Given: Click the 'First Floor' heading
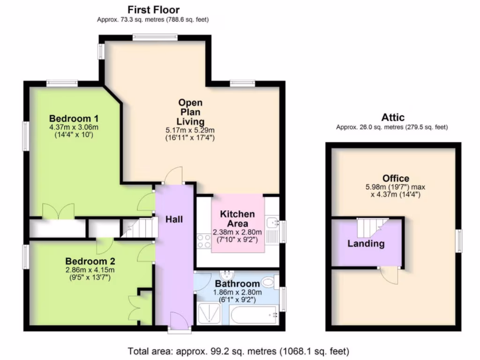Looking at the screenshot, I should pyautogui.click(x=154, y=9).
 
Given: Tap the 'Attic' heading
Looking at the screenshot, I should pyautogui.click(x=392, y=117).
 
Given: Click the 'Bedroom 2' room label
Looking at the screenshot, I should pyautogui.click(x=90, y=261).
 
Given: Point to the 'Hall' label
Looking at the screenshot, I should pyautogui.click(x=174, y=219).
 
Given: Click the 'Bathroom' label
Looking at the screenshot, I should pyautogui.click(x=237, y=284).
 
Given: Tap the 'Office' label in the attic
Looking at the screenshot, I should pyautogui.click(x=396, y=178).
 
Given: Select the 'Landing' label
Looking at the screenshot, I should pyautogui.click(x=366, y=244).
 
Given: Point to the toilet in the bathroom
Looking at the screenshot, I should pyautogui.click(x=268, y=282).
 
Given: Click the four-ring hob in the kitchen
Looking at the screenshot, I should pyautogui.click(x=204, y=241).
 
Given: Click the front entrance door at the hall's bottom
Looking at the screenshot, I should pyautogui.click(x=180, y=323).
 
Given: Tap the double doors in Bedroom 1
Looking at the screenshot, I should pyautogui.click(x=58, y=210).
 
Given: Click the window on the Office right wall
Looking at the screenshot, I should pyautogui.click(x=459, y=241).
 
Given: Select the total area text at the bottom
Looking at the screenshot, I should pyautogui.click(x=239, y=351).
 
